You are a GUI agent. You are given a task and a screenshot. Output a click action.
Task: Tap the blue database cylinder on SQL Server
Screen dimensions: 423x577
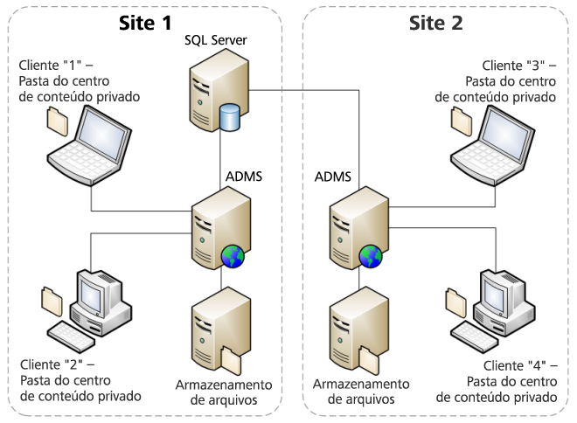(x=231, y=117)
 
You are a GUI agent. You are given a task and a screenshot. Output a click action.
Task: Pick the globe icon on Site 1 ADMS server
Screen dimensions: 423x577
(x=233, y=256)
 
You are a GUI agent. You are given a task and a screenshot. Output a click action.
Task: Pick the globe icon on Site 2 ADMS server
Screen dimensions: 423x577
(x=370, y=256)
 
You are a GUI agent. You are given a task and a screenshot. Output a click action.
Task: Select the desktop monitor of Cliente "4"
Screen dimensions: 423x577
(x=497, y=290)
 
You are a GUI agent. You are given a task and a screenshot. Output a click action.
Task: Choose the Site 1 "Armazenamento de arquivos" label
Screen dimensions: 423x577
(x=224, y=392)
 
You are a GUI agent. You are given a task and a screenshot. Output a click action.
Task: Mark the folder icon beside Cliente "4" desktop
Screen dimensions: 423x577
(x=455, y=300)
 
